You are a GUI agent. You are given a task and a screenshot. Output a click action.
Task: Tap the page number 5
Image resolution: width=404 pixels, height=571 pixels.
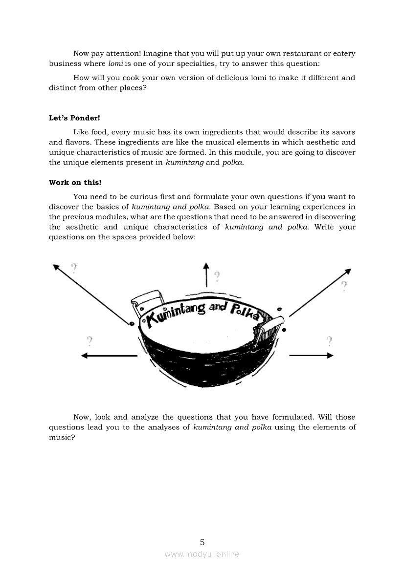point(202,542)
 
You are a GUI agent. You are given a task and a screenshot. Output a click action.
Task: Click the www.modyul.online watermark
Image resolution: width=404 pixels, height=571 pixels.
point(202,554)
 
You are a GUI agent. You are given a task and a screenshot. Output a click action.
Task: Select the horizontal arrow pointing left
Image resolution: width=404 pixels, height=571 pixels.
point(109,356)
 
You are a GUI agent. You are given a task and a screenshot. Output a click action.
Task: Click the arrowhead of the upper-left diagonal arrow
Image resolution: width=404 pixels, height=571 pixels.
point(56,267)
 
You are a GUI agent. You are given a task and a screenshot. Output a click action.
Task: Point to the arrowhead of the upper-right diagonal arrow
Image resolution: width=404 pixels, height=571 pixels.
point(348,272)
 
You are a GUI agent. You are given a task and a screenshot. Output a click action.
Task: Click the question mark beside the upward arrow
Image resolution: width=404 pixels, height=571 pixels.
point(217,276)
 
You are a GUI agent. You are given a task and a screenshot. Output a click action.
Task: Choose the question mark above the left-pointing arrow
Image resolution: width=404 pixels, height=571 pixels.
point(90,340)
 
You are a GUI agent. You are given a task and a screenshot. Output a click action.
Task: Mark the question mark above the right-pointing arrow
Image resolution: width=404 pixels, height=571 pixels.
point(329,340)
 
